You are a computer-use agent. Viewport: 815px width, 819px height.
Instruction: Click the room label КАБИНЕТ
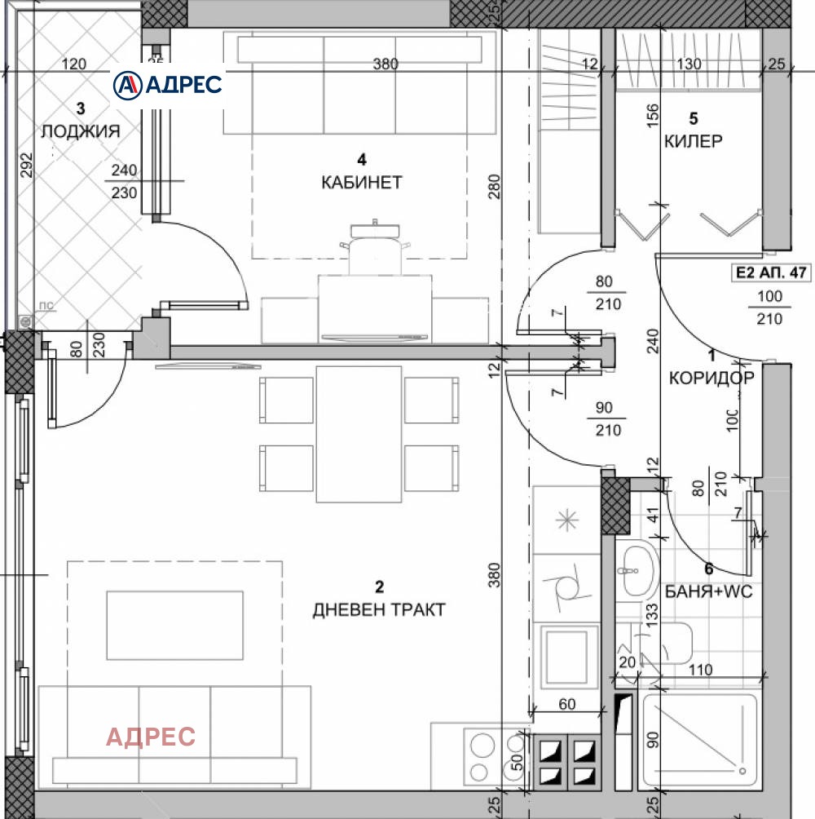361,182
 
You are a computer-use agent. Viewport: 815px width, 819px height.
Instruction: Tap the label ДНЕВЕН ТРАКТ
379,609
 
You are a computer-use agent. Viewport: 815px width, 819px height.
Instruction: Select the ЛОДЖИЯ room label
81,131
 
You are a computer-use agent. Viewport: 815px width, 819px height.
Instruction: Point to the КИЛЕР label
693,141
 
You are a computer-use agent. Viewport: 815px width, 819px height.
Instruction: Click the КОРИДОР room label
711,377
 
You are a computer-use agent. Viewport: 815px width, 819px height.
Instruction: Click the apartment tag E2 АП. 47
770,272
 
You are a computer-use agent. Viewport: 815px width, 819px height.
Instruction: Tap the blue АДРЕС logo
167,84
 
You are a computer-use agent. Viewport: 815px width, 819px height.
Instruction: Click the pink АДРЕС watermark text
151,737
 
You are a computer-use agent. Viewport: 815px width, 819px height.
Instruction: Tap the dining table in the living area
359,431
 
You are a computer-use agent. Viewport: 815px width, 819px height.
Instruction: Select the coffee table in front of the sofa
174,625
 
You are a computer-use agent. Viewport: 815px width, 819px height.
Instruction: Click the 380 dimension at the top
385,64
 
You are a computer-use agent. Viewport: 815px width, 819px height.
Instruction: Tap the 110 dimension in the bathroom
698,671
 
